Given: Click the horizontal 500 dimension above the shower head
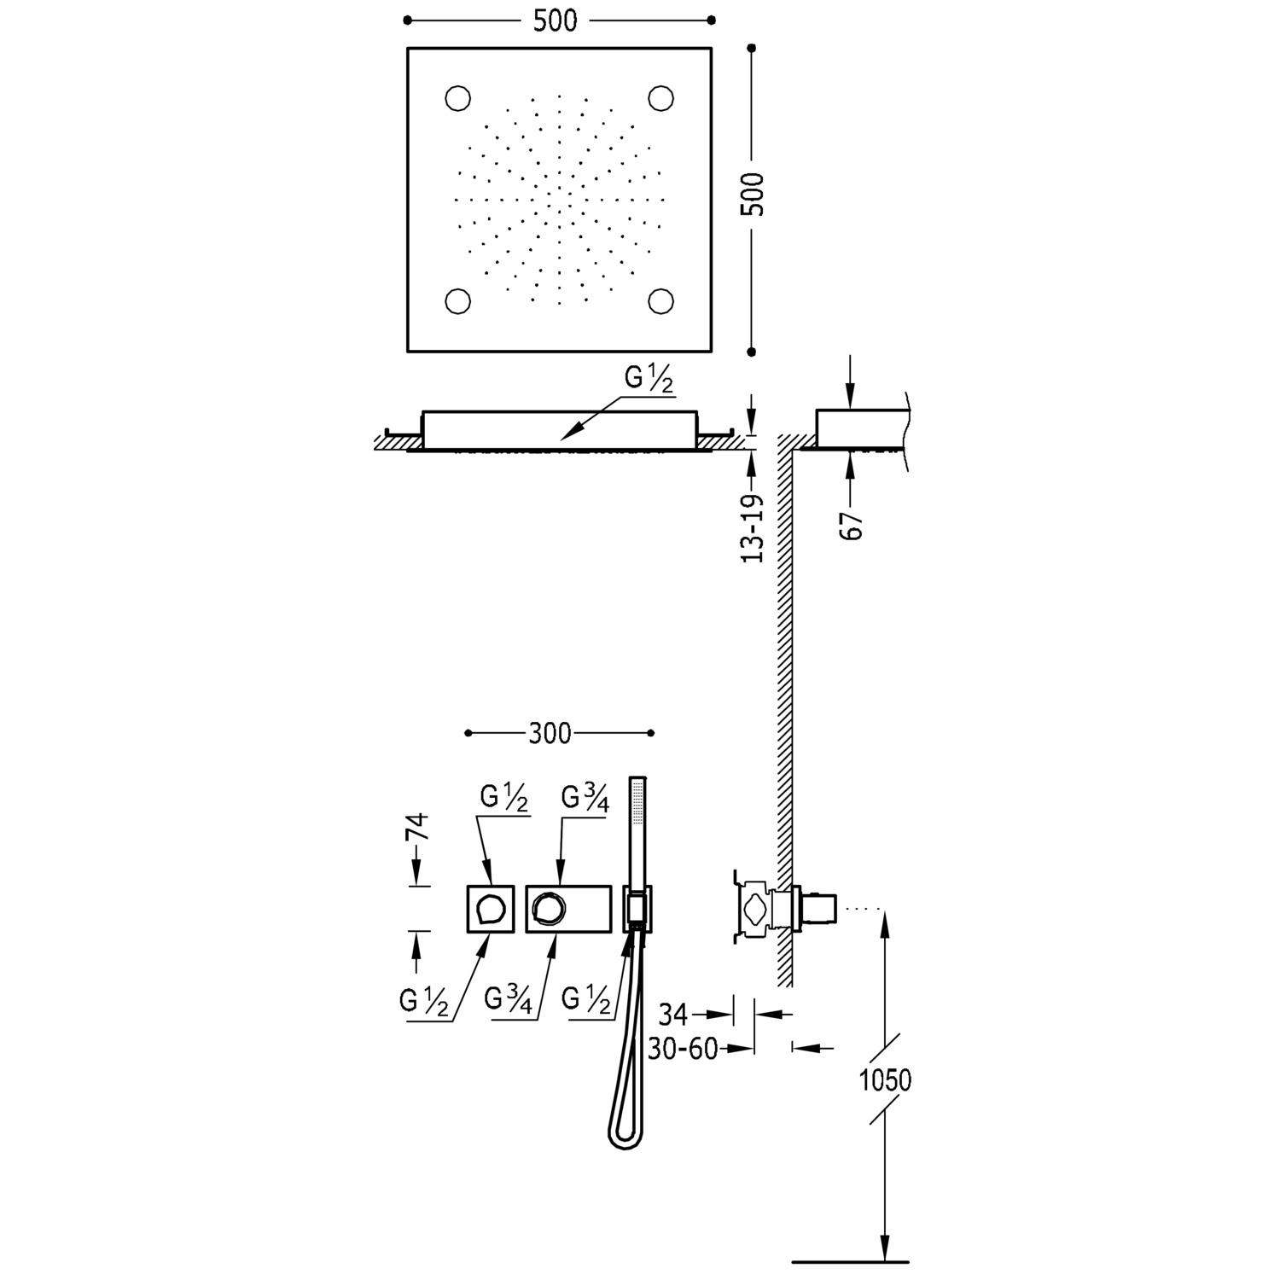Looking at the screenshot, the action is pos(556,20).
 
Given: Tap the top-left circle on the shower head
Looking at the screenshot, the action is pos(458,98).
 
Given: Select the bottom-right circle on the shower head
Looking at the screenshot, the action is pos(660,300).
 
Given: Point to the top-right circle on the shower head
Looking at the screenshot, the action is pos(660,98).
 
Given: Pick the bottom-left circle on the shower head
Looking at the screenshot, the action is pos(458,300).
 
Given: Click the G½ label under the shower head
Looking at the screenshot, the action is pos(648,381).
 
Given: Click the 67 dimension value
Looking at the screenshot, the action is pos(852,526).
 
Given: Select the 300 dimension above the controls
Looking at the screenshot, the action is pos(550,733).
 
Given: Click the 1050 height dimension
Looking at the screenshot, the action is pos(885,1080).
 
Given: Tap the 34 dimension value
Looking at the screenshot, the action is pos(673,1015).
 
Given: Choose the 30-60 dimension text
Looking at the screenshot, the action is pos(683,1049).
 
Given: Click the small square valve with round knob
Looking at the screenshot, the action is pos(491,909).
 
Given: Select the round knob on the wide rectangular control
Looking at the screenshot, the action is pos(546,908).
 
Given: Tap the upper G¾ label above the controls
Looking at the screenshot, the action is pos(585,799).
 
